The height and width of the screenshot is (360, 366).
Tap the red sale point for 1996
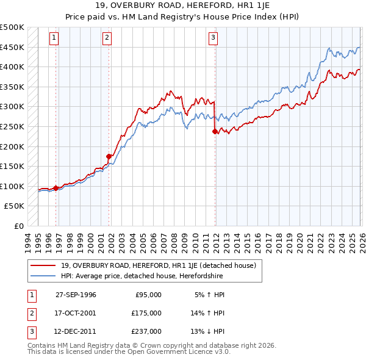[x=56, y=188]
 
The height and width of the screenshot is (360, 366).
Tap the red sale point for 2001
[x=109, y=156]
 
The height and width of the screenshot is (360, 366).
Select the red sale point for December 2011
[x=215, y=131]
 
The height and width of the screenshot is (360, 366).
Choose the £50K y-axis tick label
[x=15, y=206]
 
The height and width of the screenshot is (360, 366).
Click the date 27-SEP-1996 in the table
[x=76, y=295]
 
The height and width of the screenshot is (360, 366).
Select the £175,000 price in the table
[x=146, y=313]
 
